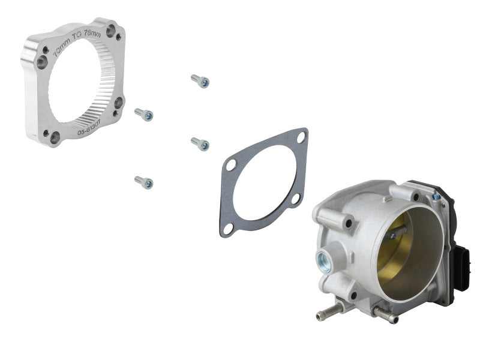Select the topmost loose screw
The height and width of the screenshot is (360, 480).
200,81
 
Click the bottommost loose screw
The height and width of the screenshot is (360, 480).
144,181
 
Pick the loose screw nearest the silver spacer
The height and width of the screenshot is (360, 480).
144,113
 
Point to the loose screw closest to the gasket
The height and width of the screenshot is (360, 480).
200,143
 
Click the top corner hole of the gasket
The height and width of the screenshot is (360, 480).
301,137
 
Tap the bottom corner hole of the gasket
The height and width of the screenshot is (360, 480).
228,229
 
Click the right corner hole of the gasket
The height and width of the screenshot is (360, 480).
295,199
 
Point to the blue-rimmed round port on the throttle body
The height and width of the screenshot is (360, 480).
323,259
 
